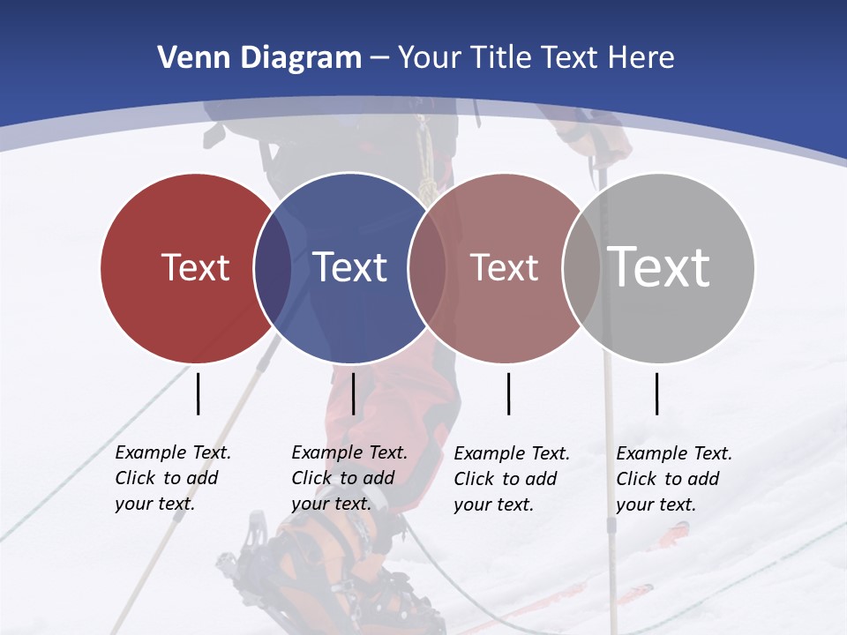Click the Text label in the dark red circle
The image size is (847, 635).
point(195,267)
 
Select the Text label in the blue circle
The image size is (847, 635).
point(349,267)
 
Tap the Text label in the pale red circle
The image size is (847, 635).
point(504,267)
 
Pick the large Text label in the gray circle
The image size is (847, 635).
point(658,266)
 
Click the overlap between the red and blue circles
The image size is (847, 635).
point(273,268)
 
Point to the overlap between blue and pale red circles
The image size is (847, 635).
point(427,268)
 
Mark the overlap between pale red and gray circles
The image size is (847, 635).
point(581,268)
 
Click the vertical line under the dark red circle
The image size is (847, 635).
point(198,393)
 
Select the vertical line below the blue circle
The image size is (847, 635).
point(353,393)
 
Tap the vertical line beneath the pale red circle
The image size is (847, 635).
point(508,393)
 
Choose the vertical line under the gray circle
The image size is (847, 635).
point(656,393)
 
